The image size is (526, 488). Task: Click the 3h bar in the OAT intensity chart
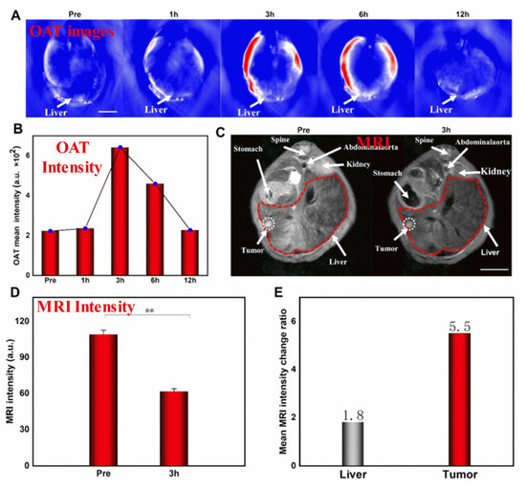point(121,209)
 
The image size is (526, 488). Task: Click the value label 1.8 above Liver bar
point(354,414)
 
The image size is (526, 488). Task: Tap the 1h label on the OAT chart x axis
point(86,279)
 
